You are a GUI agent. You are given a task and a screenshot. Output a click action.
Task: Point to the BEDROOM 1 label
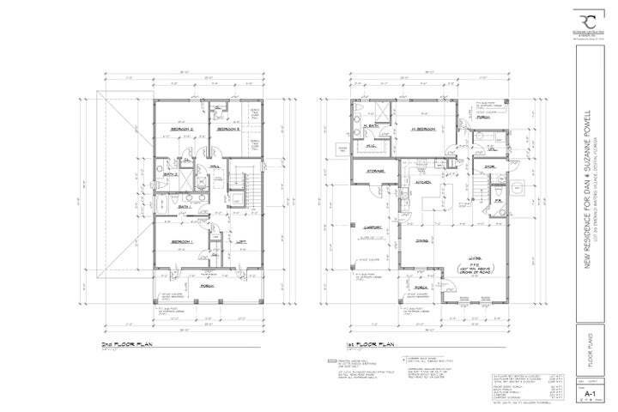181,243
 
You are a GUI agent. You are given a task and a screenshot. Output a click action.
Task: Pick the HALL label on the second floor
215,168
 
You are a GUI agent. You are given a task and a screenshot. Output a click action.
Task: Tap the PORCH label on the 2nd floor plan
206,286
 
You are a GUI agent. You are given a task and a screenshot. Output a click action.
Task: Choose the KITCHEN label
423,182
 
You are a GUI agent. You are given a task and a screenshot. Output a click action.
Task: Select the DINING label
424,241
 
